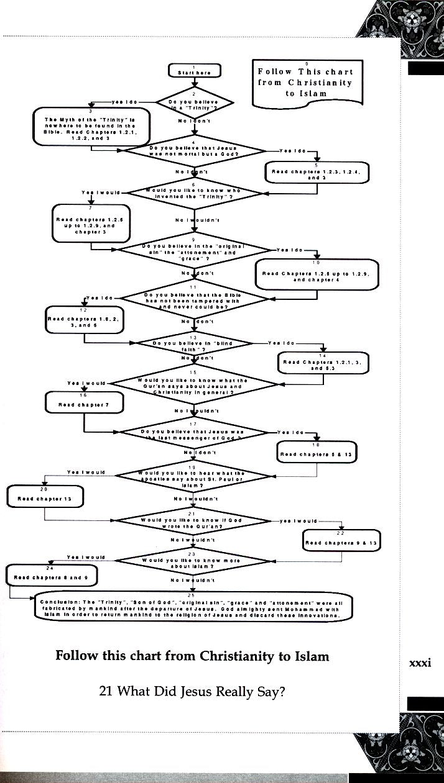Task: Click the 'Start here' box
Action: [194, 72]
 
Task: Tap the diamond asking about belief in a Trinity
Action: [194, 103]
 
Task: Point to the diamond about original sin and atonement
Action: [195, 250]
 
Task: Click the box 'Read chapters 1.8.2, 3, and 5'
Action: [85, 322]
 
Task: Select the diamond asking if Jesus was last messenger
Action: [194, 433]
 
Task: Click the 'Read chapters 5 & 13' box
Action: [317, 455]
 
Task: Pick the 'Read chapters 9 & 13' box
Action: [341, 543]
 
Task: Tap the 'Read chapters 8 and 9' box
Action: [52, 577]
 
